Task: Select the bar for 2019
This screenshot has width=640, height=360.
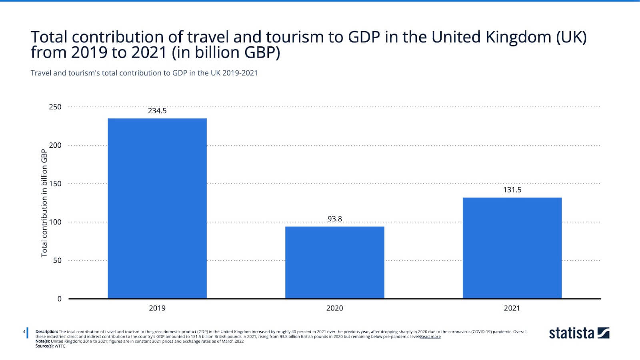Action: pyautogui.click(x=157, y=208)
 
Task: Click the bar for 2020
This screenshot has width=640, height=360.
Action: pyautogui.click(x=334, y=262)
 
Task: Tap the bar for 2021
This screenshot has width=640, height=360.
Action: pyautogui.click(x=512, y=248)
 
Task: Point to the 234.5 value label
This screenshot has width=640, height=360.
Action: pyautogui.click(x=157, y=111)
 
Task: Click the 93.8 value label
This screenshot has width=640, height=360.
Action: pyautogui.click(x=334, y=219)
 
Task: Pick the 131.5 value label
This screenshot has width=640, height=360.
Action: pyautogui.click(x=512, y=190)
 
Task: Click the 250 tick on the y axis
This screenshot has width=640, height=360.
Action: pyautogui.click(x=55, y=107)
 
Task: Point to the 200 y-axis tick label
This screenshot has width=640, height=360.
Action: pyautogui.click(x=55, y=145)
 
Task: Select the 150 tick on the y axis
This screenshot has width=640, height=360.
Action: pyautogui.click(x=55, y=184)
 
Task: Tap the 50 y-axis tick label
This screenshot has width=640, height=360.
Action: pyautogui.click(x=57, y=260)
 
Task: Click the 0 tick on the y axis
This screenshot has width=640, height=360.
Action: pyautogui.click(x=60, y=299)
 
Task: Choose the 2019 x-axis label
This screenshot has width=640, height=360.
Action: pyautogui.click(x=157, y=308)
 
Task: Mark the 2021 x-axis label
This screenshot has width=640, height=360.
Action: pyautogui.click(x=512, y=308)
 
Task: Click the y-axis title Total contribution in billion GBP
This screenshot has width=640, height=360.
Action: pyautogui.click(x=44, y=203)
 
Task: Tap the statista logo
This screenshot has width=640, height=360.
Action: pyautogui.click(x=579, y=333)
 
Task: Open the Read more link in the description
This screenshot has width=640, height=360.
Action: pyautogui.click(x=430, y=337)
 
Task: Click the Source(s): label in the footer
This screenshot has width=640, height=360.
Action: pyautogui.click(x=44, y=346)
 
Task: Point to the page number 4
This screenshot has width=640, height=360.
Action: pyautogui.click(x=24, y=332)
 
